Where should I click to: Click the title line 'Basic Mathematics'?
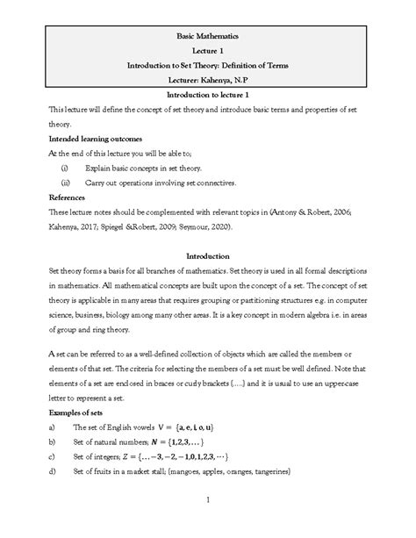coord(208,36)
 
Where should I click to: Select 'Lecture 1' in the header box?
coord(208,51)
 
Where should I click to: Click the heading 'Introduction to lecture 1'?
coord(208,94)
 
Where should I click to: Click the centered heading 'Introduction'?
coord(208,256)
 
